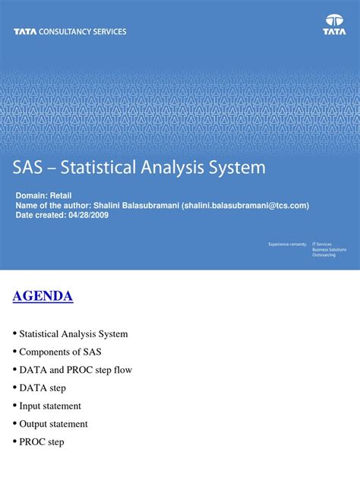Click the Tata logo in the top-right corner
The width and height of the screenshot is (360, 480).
333,25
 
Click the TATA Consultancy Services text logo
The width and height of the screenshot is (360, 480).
70,32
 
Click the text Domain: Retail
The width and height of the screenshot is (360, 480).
44,196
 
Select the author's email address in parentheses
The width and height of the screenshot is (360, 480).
245,205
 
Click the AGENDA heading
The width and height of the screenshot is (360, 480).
43,296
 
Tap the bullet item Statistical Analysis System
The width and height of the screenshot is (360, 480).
73,333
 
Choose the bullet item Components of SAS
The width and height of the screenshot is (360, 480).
60,352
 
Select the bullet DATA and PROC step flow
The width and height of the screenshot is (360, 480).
75,370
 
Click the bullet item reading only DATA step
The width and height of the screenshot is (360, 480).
43,388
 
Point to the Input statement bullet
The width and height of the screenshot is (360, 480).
50,406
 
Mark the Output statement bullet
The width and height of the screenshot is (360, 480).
53,424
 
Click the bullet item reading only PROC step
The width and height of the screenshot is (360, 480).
42,442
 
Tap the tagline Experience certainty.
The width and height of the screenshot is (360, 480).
286,245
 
